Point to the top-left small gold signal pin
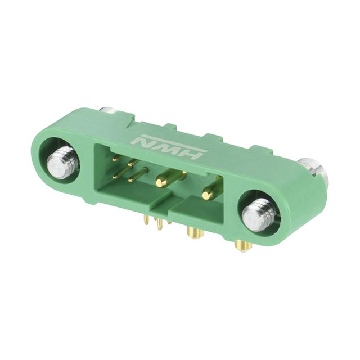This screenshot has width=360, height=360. point(116,159)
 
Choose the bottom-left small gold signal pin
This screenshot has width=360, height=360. point(118,175)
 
